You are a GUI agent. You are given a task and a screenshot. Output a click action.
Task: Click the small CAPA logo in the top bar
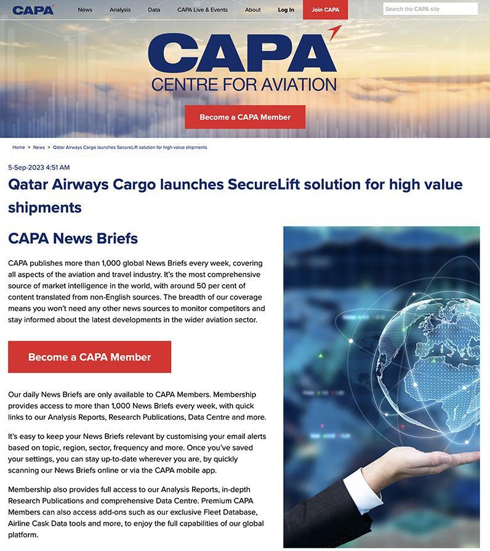pos(33,9)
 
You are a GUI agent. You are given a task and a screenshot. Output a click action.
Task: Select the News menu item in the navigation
pos(85,10)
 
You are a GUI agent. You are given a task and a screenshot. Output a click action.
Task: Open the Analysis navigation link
pos(120,10)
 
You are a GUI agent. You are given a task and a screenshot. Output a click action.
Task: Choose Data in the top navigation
pos(154,10)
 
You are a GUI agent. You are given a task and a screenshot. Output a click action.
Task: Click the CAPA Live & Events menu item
pos(202,10)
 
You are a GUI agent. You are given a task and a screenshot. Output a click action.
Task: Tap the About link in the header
pos(252,10)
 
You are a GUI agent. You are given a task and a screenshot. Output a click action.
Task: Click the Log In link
pos(286,10)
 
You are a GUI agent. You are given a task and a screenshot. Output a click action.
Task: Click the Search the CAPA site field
pos(430,9)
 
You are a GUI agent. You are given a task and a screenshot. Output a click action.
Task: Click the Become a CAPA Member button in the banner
pos(245,117)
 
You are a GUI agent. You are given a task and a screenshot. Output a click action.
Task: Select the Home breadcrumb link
pos(18,147)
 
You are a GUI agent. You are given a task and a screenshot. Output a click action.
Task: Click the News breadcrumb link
pos(39,147)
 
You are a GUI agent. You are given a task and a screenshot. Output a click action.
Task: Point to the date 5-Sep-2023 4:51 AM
pos(39,168)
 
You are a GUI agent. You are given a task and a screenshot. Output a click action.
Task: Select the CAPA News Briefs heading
pos(73,239)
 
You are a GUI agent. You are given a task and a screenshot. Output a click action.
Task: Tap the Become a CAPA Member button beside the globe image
pos(89,357)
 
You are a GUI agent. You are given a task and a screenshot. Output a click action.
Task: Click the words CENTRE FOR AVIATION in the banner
pos(244,84)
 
